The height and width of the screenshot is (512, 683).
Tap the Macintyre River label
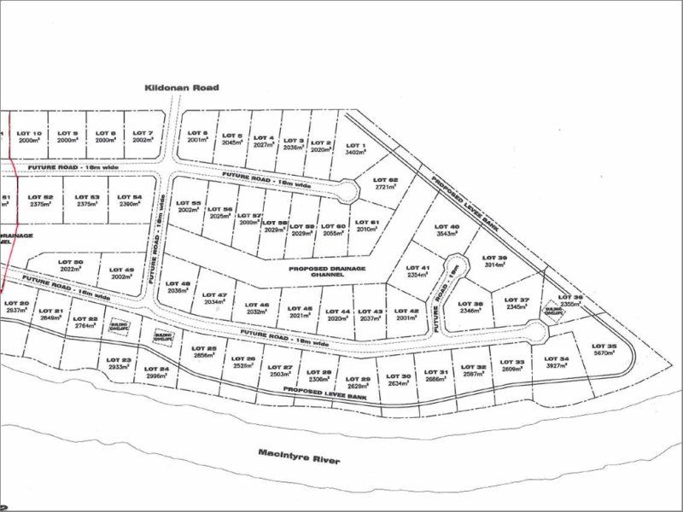click(299, 457)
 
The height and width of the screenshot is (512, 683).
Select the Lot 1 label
click(355, 146)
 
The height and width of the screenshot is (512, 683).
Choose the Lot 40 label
click(449, 226)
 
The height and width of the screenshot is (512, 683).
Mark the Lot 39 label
click(497, 258)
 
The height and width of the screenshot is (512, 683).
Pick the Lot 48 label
click(180, 284)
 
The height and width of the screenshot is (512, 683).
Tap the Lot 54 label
click(131, 197)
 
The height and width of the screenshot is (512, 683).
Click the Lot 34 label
click(557, 358)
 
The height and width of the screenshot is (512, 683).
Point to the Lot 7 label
click(143, 133)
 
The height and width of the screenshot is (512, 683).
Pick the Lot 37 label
click(518, 300)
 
